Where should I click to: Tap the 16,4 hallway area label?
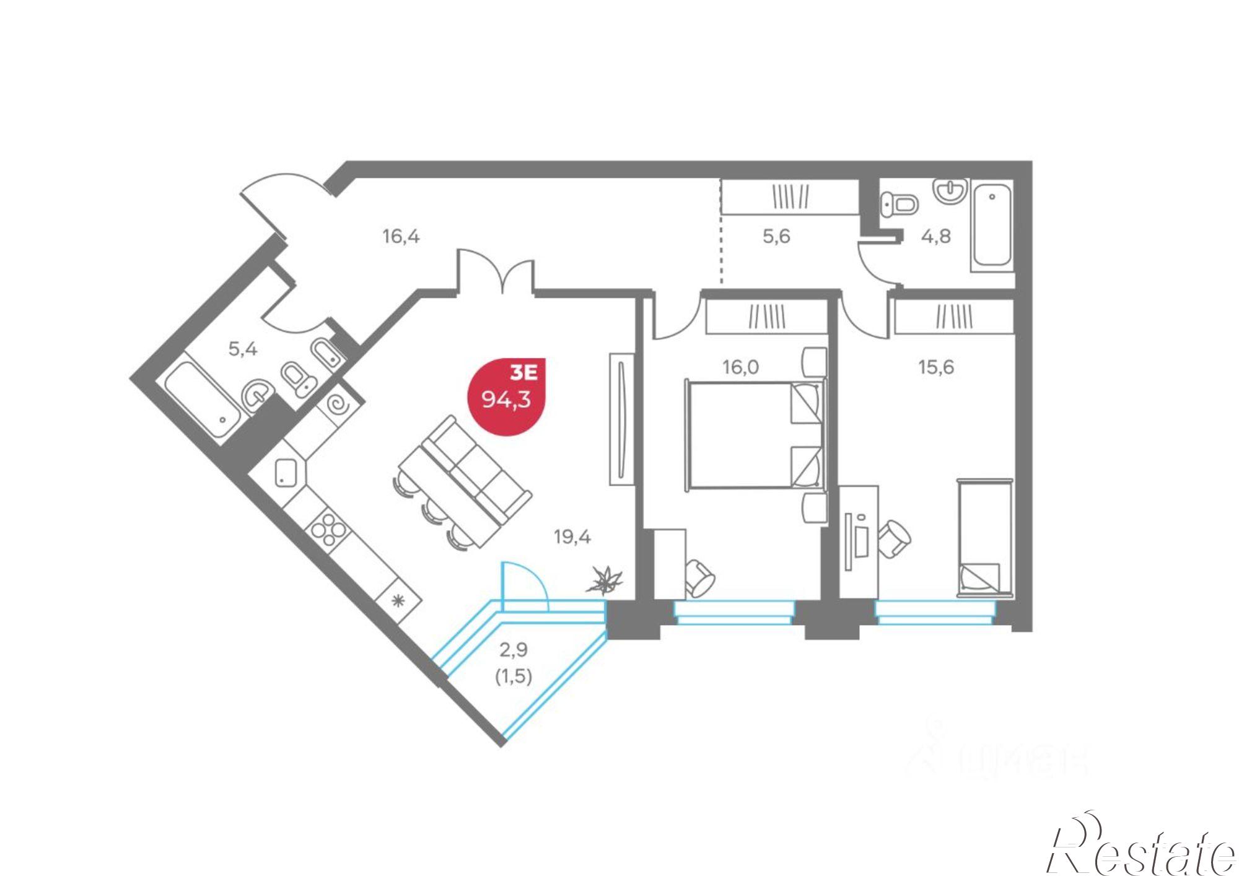point(401,236)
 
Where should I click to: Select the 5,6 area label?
point(776,236)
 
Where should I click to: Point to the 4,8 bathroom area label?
point(935,236)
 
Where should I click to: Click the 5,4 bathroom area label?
point(243,349)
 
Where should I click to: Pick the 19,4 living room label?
point(572,537)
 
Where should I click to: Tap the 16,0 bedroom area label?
point(740,367)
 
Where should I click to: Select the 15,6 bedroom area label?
point(935,367)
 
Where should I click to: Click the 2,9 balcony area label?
point(514,650)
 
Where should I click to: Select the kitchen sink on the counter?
point(287,472)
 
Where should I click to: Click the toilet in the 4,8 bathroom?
point(899,204)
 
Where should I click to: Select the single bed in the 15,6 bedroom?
point(985,537)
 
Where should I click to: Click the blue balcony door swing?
point(523,585)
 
